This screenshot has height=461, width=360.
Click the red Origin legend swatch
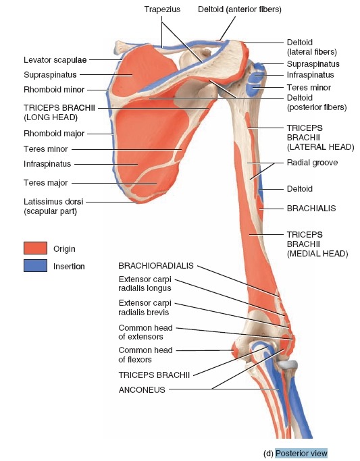[x=35, y=248]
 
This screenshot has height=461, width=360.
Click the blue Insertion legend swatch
[x=35, y=265]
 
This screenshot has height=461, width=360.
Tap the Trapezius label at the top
[x=162, y=9]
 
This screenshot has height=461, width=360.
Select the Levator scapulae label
[x=55, y=60]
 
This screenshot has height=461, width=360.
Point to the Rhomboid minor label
[x=54, y=89]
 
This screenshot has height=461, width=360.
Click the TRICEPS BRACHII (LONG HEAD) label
[x=59, y=113]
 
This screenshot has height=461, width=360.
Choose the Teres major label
[x=45, y=183]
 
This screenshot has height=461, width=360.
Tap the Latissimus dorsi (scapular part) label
[x=53, y=207]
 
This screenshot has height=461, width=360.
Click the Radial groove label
[x=312, y=163]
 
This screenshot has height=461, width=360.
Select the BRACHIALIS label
[x=311, y=209]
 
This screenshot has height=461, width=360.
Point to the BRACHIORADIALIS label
[x=156, y=266]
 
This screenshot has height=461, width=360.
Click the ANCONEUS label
[x=142, y=390]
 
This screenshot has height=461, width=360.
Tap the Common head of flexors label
[x=146, y=355]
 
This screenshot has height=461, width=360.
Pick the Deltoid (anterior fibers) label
[x=240, y=9]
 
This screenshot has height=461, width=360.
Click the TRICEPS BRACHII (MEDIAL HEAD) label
[x=317, y=244]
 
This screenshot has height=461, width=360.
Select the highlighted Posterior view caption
[x=301, y=453]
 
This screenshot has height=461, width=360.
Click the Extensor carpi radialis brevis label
[x=145, y=307]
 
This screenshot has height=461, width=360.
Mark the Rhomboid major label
[x=54, y=134]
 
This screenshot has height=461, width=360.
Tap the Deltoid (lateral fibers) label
[x=312, y=47]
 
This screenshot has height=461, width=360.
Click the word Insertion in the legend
[x=69, y=267]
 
